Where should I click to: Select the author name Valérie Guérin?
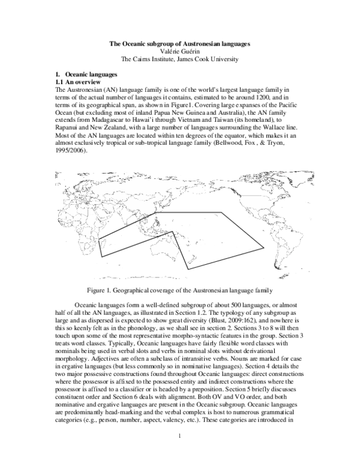coord(179,52)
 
